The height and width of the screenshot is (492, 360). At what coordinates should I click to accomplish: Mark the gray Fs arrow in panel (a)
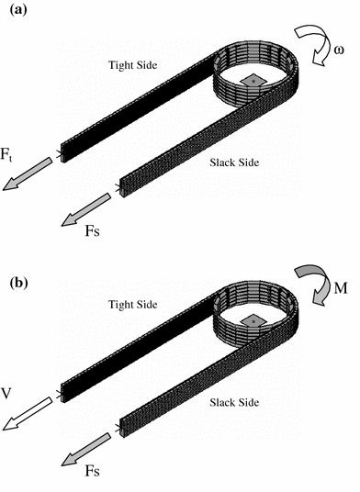(x=88, y=209)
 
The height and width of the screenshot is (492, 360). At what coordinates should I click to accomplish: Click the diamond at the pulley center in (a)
(x=250, y=82)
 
